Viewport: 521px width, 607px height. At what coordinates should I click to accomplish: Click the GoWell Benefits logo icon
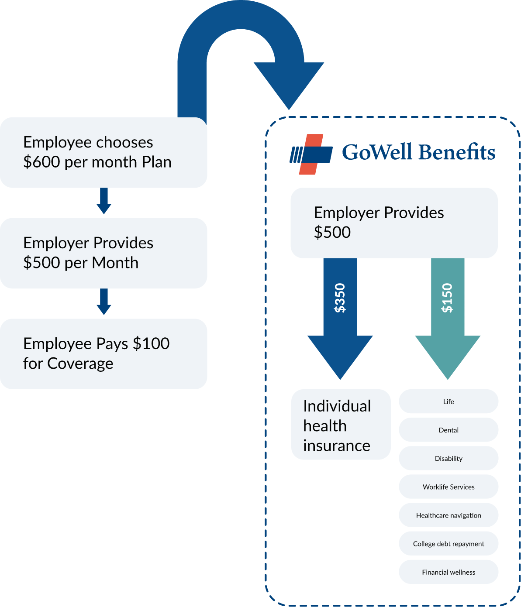311,154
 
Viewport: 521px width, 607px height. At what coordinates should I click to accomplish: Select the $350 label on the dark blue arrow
340,298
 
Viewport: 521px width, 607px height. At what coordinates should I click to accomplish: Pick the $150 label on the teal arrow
448,298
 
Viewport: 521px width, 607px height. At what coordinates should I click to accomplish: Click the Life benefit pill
449,401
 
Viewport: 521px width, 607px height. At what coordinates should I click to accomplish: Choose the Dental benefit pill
449,430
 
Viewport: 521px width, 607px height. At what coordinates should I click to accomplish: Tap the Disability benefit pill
449,458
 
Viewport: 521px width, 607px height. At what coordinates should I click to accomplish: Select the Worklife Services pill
449,487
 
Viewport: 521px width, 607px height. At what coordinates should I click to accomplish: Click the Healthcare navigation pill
449,515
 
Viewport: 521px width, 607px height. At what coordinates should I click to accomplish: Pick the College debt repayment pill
449,544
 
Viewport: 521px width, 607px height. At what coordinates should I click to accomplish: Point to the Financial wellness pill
449,572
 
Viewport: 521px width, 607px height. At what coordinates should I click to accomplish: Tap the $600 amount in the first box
42,162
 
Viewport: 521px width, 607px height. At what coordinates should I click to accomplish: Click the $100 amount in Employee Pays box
151,344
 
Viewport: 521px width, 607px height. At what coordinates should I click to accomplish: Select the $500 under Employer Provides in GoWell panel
332,232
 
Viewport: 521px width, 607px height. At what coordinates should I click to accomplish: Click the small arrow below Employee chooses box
104,201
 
